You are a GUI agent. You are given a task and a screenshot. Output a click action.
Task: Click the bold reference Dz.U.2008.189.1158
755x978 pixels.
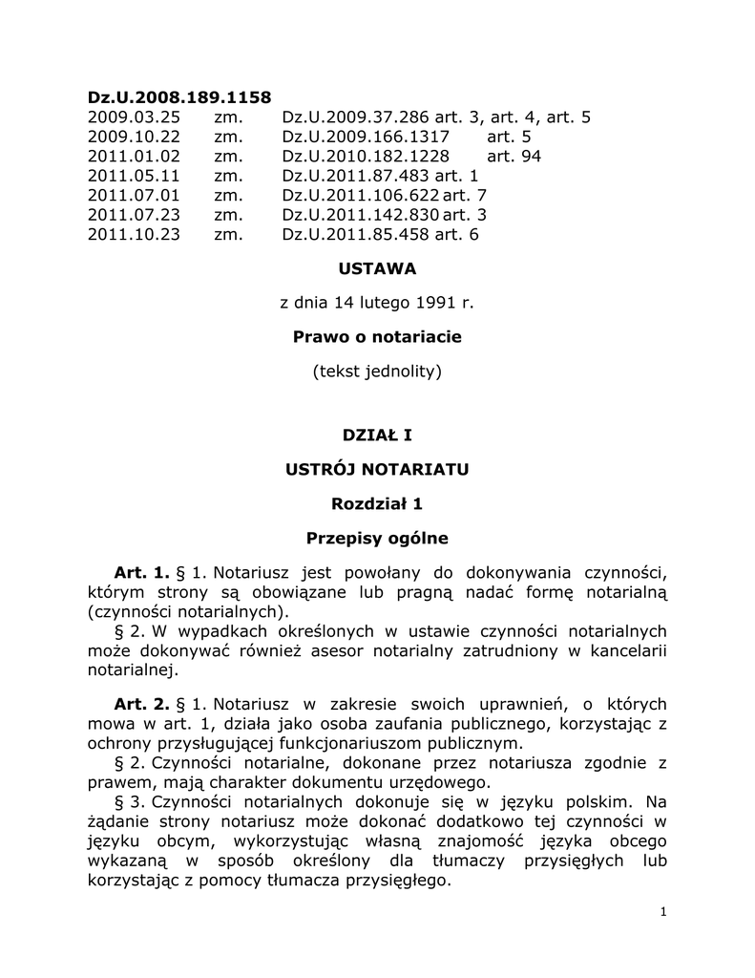pyautogui.click(x=179, y=96)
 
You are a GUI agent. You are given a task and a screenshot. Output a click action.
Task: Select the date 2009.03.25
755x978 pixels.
pyautogui.click(x=134, y=117)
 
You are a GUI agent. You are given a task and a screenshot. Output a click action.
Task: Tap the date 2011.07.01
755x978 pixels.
pyautogui.click(x=134, y=196)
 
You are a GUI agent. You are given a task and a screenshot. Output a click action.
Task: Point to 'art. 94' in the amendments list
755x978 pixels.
pyautogui.click(x=514, y=157)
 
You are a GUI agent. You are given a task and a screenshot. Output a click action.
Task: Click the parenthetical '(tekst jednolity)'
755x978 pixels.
pyautogui.click(x=377, y=371)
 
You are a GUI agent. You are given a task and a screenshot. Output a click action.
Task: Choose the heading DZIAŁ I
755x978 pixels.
pyautogui.click(x=377, y=436)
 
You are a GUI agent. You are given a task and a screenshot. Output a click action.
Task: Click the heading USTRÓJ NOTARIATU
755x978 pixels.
pyautogui.click(x=377, y=470)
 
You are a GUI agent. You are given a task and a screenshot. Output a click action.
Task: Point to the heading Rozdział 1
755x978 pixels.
pyautogui.click(x=377, y=503)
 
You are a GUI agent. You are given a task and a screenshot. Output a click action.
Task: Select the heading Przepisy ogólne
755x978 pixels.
pyautogui.click(x=377, y=538)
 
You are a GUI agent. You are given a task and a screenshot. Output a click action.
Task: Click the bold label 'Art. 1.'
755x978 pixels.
pyautogui.click(x=141, y=573)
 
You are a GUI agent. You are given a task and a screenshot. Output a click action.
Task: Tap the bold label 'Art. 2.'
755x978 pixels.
pyautogui.click(x=141, y=705)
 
